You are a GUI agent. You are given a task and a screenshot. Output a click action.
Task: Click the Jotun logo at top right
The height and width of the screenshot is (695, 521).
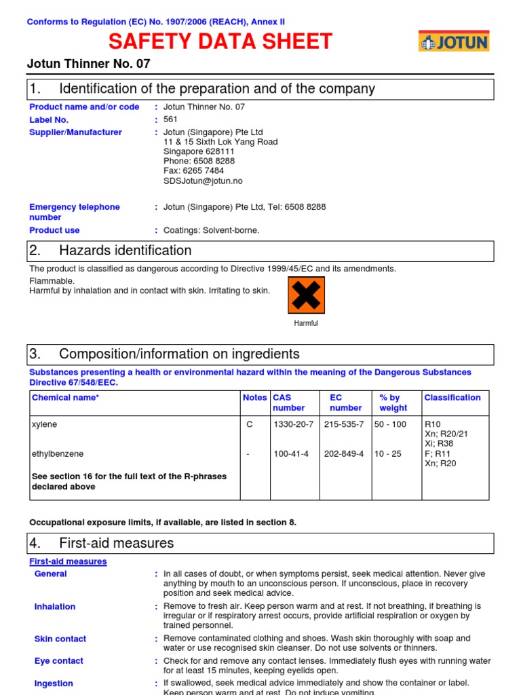453,41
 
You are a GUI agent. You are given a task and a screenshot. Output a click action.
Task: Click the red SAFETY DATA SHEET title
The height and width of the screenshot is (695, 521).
220,42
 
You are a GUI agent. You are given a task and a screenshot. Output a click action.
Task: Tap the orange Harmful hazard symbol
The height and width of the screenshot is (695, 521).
306,295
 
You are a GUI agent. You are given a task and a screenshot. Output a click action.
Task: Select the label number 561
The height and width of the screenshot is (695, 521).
170,119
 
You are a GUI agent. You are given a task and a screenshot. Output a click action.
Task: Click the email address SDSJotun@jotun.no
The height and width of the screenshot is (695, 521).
203,181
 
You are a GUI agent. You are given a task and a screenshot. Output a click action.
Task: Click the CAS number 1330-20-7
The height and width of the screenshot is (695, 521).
293,424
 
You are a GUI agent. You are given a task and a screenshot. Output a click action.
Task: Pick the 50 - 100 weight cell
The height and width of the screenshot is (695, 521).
390,424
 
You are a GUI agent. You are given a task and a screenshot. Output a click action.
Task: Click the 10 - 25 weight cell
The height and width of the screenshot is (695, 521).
387,453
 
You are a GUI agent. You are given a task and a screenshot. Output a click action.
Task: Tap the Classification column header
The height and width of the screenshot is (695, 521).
452,398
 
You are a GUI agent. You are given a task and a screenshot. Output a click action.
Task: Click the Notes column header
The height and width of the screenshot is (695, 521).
254,398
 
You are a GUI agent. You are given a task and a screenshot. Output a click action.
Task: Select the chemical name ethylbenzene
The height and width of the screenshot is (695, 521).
58,453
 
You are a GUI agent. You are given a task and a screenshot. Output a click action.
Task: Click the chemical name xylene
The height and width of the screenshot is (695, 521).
45,424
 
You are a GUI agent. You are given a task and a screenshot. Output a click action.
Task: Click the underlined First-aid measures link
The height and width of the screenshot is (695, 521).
68,561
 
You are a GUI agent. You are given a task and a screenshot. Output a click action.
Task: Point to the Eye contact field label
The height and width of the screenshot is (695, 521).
58,661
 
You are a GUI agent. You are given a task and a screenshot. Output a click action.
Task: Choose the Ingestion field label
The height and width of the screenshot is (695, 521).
54,683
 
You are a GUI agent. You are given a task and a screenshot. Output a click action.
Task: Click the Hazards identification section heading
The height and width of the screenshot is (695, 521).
126,250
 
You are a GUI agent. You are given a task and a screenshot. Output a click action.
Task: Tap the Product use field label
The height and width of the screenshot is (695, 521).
54,230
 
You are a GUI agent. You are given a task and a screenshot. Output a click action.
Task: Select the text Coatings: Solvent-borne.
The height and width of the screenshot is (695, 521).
211,230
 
